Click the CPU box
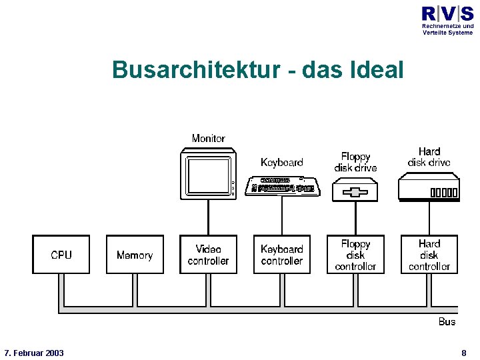(x=61, y=255)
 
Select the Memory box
(x=135, y=255)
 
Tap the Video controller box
(x=208, y=255)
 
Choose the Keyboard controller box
(x=282, y=255)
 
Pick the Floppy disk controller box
(x=355, y=255)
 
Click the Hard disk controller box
(x=429, y=255)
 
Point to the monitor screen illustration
(x=208, y=175)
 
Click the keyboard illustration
(x=283, y=186)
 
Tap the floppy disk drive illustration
(x=355, y=192)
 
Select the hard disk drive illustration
(x=429, y=187)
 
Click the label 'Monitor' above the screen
(x=208, y=139)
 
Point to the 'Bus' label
(x=447, y=322)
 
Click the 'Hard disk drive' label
(x=429, y=157)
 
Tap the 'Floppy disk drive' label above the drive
(x=355, y=162)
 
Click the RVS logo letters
(x=447, y=13)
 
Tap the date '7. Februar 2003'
(x=34, y=353)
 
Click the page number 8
(x=463, y=353)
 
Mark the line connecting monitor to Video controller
(x=208, y=217)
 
